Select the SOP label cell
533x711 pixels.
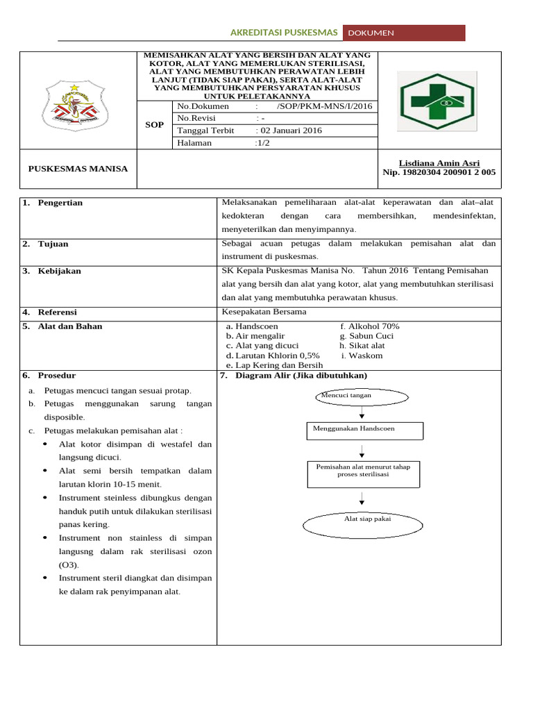pos(154,125)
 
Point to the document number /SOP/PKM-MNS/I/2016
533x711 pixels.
pos(324,106)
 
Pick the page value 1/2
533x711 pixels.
pos(264,143)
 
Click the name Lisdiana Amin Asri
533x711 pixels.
pos(439,163)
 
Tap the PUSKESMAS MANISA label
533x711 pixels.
pos(78,169)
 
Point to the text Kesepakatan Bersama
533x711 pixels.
pos(264,312)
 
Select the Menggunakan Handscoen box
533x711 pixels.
pos(364,430)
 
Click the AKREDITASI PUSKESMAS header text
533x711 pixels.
pos(283,33)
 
